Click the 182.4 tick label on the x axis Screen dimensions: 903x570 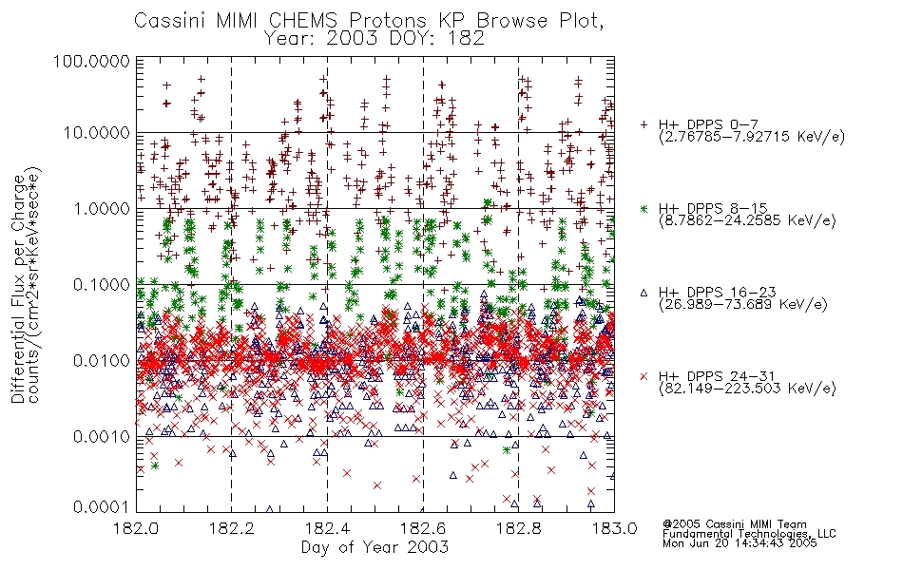point(328,527)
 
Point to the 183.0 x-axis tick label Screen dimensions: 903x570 point(614,527)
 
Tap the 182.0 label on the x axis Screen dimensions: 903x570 point(137,527)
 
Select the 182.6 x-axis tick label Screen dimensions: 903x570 point(423,527)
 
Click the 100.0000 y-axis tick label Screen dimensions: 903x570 point(91,61)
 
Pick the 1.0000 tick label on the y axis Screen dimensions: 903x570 point(101,208)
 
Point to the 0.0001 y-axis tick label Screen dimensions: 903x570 point(101,507)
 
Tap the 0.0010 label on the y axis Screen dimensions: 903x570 point(101,436)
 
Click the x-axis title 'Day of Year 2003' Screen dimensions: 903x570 point(375,547)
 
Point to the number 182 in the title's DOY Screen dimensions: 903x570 point(467,39)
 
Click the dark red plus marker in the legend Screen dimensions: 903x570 point(644,124)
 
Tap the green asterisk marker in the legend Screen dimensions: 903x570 point(644,208)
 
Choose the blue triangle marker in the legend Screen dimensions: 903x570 point(644,293)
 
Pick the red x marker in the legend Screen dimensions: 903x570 point(644,376)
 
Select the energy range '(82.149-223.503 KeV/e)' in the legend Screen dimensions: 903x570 point(747,389)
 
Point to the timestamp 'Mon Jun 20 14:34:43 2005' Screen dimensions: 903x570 point(740,543)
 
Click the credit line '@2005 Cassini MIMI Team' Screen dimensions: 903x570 point(734,524)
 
